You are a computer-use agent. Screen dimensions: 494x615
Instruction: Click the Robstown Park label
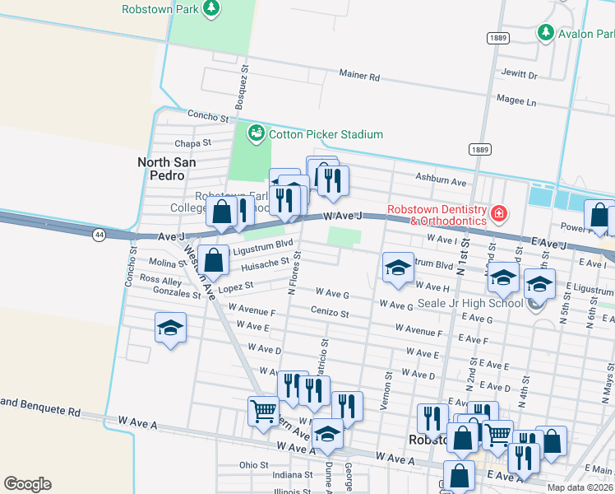[160, 9]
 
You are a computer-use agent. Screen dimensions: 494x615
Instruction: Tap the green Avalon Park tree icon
[544, 33]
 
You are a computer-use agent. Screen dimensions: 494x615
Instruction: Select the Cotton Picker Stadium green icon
[256, 133]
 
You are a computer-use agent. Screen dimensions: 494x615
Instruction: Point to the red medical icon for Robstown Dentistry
[497, 215]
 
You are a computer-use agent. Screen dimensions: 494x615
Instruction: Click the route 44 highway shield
[99, 235]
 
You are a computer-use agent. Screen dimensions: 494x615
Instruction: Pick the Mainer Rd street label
[359, 76]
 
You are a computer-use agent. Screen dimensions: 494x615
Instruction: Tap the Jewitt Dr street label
[520, 76]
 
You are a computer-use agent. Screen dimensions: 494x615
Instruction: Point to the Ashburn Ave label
[441, 181]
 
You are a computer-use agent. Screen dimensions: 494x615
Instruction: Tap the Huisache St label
[265, 265]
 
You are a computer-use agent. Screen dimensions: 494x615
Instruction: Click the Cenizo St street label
[330, 314]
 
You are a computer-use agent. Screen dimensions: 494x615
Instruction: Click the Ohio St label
[254, 464]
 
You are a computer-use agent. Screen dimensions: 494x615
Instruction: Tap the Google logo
[27, 483]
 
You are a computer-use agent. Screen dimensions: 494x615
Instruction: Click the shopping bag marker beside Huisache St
[214, 261]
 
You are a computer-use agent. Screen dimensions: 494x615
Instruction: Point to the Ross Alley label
[160, 280]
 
